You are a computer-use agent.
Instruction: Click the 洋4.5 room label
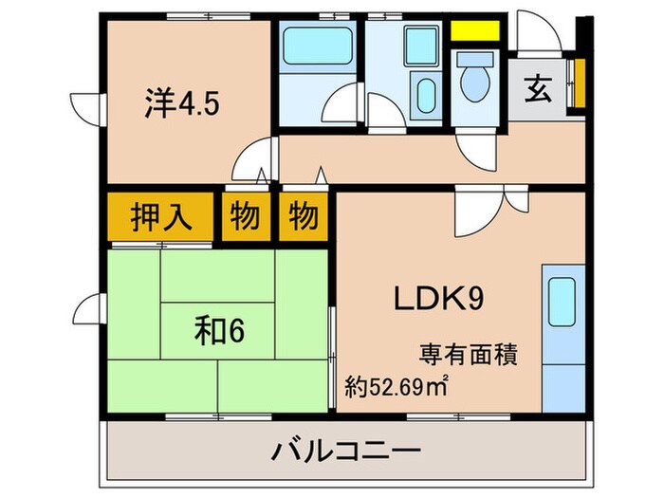coord(183,101)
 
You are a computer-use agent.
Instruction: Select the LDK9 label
coord(440,300)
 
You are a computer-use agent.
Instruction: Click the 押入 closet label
coord(159,217)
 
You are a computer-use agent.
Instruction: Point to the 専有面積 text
coord(469,357)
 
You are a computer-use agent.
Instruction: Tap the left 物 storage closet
coord(245,217)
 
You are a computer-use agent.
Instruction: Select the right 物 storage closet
coord(304,217)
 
